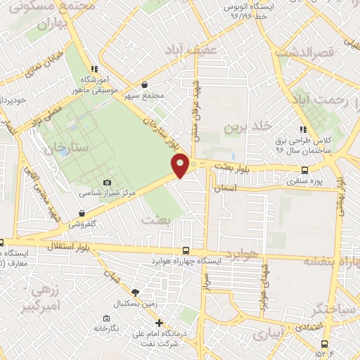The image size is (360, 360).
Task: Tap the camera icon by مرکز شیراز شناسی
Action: tap(107, 183)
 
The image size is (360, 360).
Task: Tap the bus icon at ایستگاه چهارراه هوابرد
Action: tap(186, 250)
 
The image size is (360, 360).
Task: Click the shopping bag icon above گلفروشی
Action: tap(83, 213)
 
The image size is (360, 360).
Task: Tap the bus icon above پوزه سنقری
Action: tap(304, 170)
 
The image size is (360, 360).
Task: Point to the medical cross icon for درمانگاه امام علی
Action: tap(160, 323)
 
